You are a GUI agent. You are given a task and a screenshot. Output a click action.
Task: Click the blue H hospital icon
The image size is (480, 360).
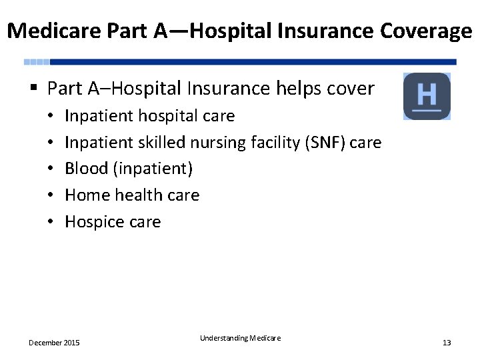tap(427, 96)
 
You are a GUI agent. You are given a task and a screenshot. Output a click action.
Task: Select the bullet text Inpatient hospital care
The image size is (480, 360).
tap(149, 116)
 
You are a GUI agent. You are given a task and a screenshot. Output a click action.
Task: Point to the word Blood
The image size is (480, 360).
tap(87, 169)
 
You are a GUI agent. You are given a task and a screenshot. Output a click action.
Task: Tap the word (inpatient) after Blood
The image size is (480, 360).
tap(153, 169)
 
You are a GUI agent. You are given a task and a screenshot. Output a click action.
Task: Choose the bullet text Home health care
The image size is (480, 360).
tap(132, 195)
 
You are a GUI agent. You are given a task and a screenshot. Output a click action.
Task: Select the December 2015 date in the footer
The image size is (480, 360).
tap(54, 343)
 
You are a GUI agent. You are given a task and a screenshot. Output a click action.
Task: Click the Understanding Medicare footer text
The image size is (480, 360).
tap(240, 339)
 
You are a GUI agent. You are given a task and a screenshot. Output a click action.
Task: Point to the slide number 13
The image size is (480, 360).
tap(447, 343)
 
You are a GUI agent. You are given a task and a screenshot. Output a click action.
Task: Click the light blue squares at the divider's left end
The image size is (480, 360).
tap(37, 62)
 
